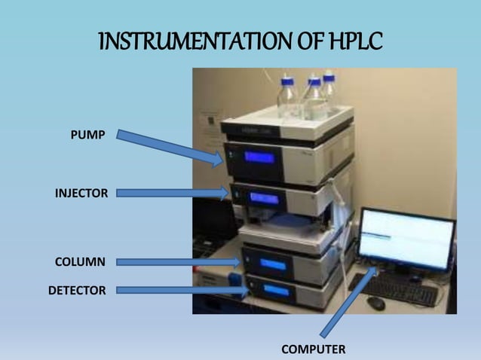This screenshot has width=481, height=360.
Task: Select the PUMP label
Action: pyautogui.click(x=87, y=135)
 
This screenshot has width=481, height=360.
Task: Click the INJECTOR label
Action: pyautogui.click(x=81, y=194)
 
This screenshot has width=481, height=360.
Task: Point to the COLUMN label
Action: pyautogui.click(x=80, y=262)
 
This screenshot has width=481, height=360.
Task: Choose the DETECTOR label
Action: pyautogui.click(x=77, y=289)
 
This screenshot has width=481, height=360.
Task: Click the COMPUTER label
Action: pyautogui.click(x=314, y=349)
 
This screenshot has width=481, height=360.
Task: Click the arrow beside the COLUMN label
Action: pyautogui.click(x=179, y=262)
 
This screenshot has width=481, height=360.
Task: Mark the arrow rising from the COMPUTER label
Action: pyautogui.click(x=349, y=300)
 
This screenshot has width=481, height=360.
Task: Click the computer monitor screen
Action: pyautogui.click(x=406, y=240)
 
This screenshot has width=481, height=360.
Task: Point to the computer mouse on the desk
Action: pyautogui.click(x=375, y=303)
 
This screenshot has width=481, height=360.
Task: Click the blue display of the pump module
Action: pyautogui.click(x=259, y=158)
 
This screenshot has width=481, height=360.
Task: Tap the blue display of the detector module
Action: pyautogui.click(x=275, y=291)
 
